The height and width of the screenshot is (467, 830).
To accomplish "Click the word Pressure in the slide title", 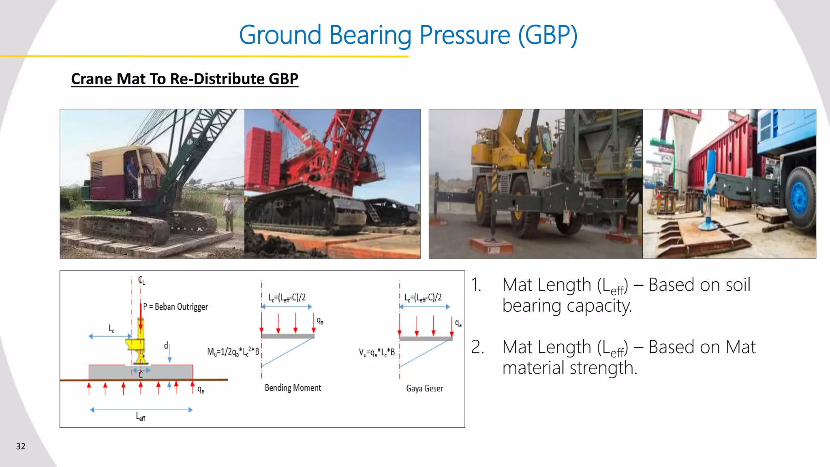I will tap(464, 35).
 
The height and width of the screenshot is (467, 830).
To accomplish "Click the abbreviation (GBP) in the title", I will tap(548, 35).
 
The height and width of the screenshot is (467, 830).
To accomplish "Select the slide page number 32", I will tap(21, 446).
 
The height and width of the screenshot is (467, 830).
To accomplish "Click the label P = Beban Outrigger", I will tap(175, 307).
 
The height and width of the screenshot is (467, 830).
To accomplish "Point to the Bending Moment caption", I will tap(293, 388).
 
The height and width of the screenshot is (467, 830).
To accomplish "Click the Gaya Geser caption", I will tap(424, 388).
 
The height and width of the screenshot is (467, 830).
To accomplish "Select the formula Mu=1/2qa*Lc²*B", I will tap(233, 351).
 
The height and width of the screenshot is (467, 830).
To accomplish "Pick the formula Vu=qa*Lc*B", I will tap(376, 352).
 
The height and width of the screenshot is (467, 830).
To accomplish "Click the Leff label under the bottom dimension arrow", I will tap(140, 417).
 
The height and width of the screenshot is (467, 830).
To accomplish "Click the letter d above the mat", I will tap(166, 345).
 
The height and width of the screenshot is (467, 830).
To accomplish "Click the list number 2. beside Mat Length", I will tap(477, 347).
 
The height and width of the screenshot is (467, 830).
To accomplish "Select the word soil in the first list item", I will tap(738, 285).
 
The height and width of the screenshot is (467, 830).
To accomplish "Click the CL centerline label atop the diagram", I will tap(141, 280).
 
